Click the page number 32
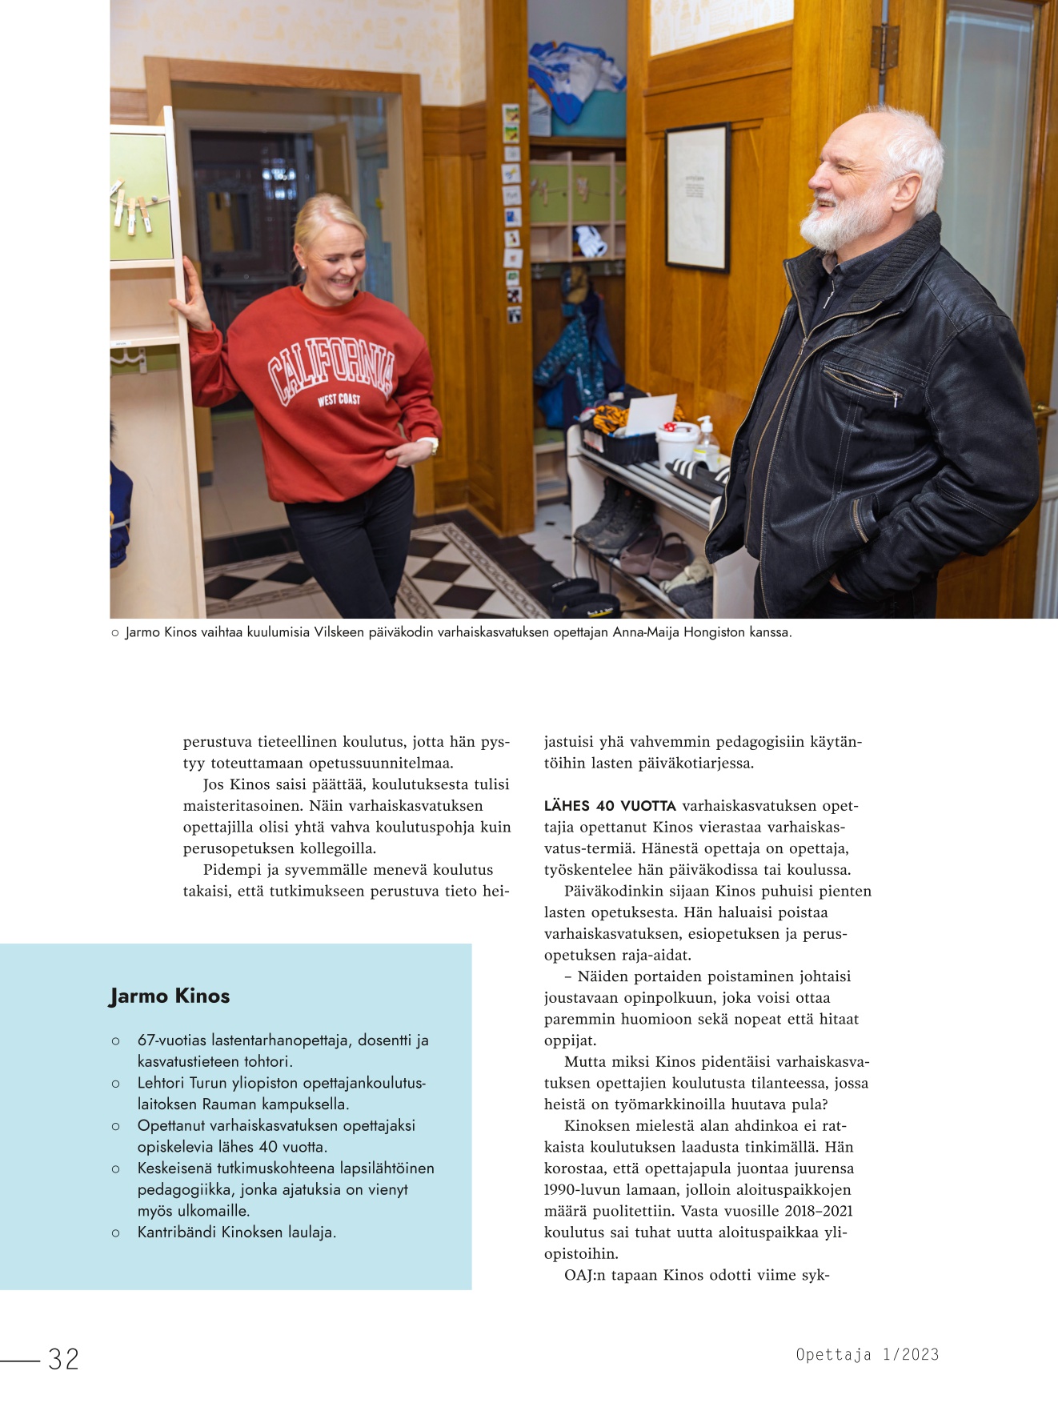point(63,1358)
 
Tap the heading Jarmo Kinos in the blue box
point(170,996)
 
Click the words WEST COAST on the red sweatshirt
point(339,399)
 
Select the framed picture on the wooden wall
point(697,197)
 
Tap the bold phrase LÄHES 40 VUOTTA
point(610,806)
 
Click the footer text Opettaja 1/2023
point(867,1354)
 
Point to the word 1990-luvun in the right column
point(581,1190)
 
